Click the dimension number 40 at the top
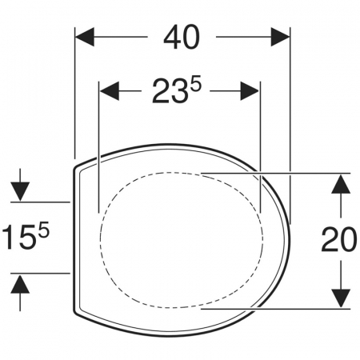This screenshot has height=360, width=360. pyautogui.click(x=182, y=37)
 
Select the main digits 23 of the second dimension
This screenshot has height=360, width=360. pyautogui.click(x=169, y=92)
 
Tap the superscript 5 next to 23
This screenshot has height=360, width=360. pyautogui.click(x=195, y=86)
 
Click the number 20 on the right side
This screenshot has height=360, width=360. pyautogui.click(x=339, y=239)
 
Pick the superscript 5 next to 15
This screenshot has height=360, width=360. pyautogui.click(x=44, y=229)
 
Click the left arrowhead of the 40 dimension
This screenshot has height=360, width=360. pyautogui.click(x=85, y=37)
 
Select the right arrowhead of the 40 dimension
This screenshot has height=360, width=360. pyautogui.click(x=280, y=37)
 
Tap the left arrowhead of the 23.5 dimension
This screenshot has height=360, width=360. pyautogui.click(x=109, y=91)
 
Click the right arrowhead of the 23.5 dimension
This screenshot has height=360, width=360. pyautogui.click(x=250, y=91)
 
